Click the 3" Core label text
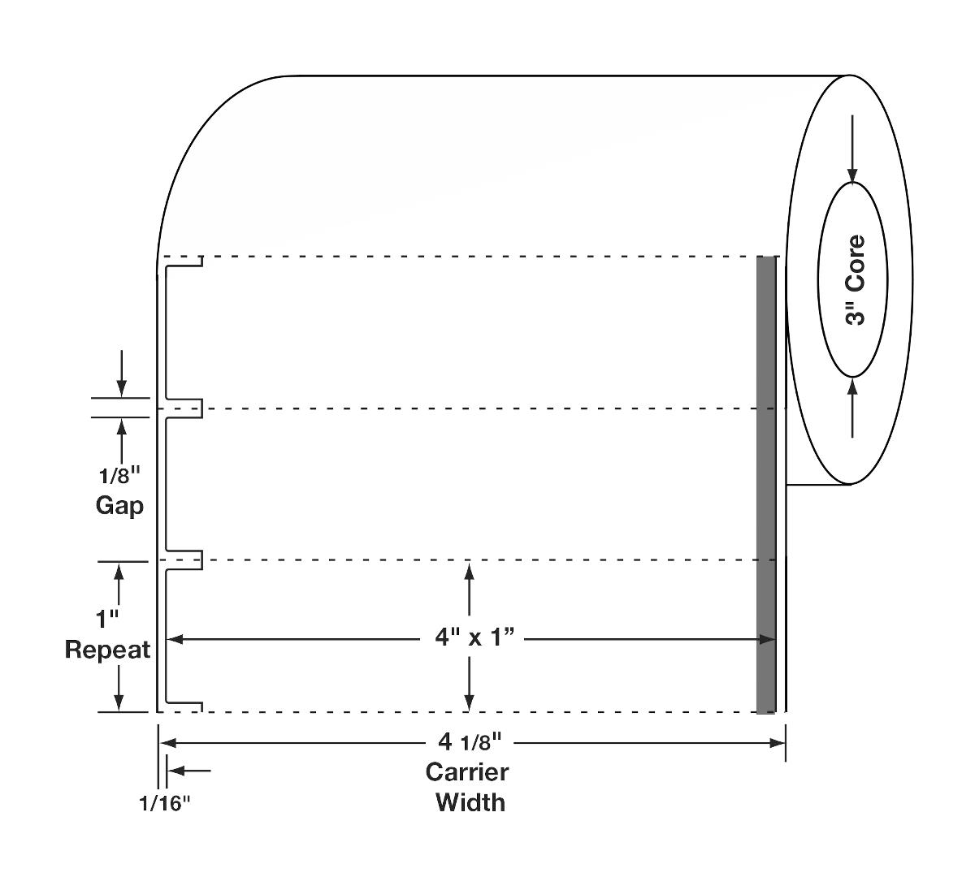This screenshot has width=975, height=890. coord(856,280)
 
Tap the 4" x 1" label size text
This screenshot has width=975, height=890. coord(475,638)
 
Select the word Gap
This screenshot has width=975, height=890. coord(119,506)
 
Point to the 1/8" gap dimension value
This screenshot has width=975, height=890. coord(119,477)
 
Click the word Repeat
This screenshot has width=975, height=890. coord(107,650)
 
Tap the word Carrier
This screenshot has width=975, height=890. coord(466,772)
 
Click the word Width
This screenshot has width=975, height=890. coord(470,802)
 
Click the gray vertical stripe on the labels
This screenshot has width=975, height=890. coord(765,487)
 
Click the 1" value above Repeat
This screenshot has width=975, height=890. coord(106,620)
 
